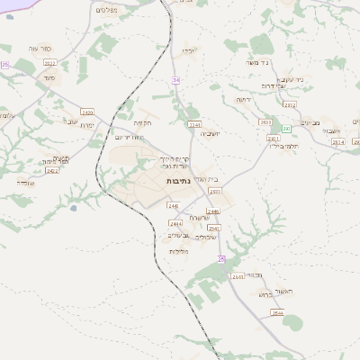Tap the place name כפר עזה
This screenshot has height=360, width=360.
(50, 49)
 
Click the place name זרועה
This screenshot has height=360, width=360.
(243, 99)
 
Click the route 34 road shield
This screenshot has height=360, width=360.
(176, 81)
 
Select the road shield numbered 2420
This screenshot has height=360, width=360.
(87, 112)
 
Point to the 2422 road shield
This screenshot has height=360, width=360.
(51, 170)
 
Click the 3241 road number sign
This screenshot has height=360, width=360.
(193, 124)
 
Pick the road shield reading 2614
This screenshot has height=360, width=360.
(337, 142)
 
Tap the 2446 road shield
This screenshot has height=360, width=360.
(213, 211)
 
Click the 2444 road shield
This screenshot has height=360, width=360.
(175, 223)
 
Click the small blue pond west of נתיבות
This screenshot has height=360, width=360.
(74, 208)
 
